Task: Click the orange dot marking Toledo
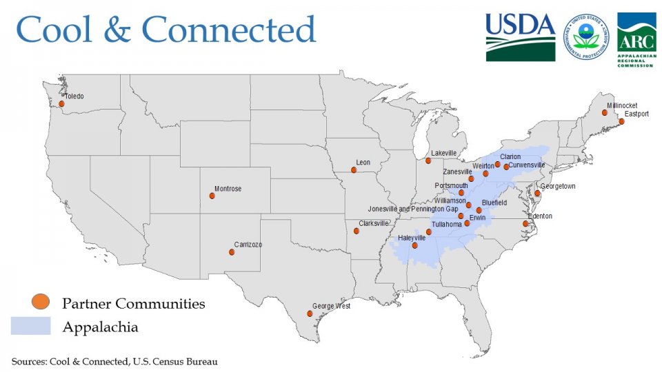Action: click(x=61, y=104)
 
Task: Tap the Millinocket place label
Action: click(x=617, y=105)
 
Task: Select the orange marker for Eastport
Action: click(x=621, y=121)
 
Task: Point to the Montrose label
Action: click(x=228, y=189)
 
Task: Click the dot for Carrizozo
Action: click(x=232, y=252)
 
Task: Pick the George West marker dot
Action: click(x=310, y=313)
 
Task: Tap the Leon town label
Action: click(x=363, y=163)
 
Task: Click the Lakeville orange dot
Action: click(x=428, y=161)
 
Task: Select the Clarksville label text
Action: click(x=374, y=223)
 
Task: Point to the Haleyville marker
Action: click(x=414, y=245)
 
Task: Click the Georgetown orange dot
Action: click(x=537, y=194)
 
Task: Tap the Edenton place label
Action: click(x=540, y=216)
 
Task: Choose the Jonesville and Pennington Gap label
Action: click(x=413, y=209)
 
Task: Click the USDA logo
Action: click(x=520, y=37)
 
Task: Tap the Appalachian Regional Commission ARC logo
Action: click(x=636, y=39)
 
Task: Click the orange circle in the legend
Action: click(x=41, y=302)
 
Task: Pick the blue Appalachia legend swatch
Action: click(x=30, y=326)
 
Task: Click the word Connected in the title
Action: click(x=229, y=30)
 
